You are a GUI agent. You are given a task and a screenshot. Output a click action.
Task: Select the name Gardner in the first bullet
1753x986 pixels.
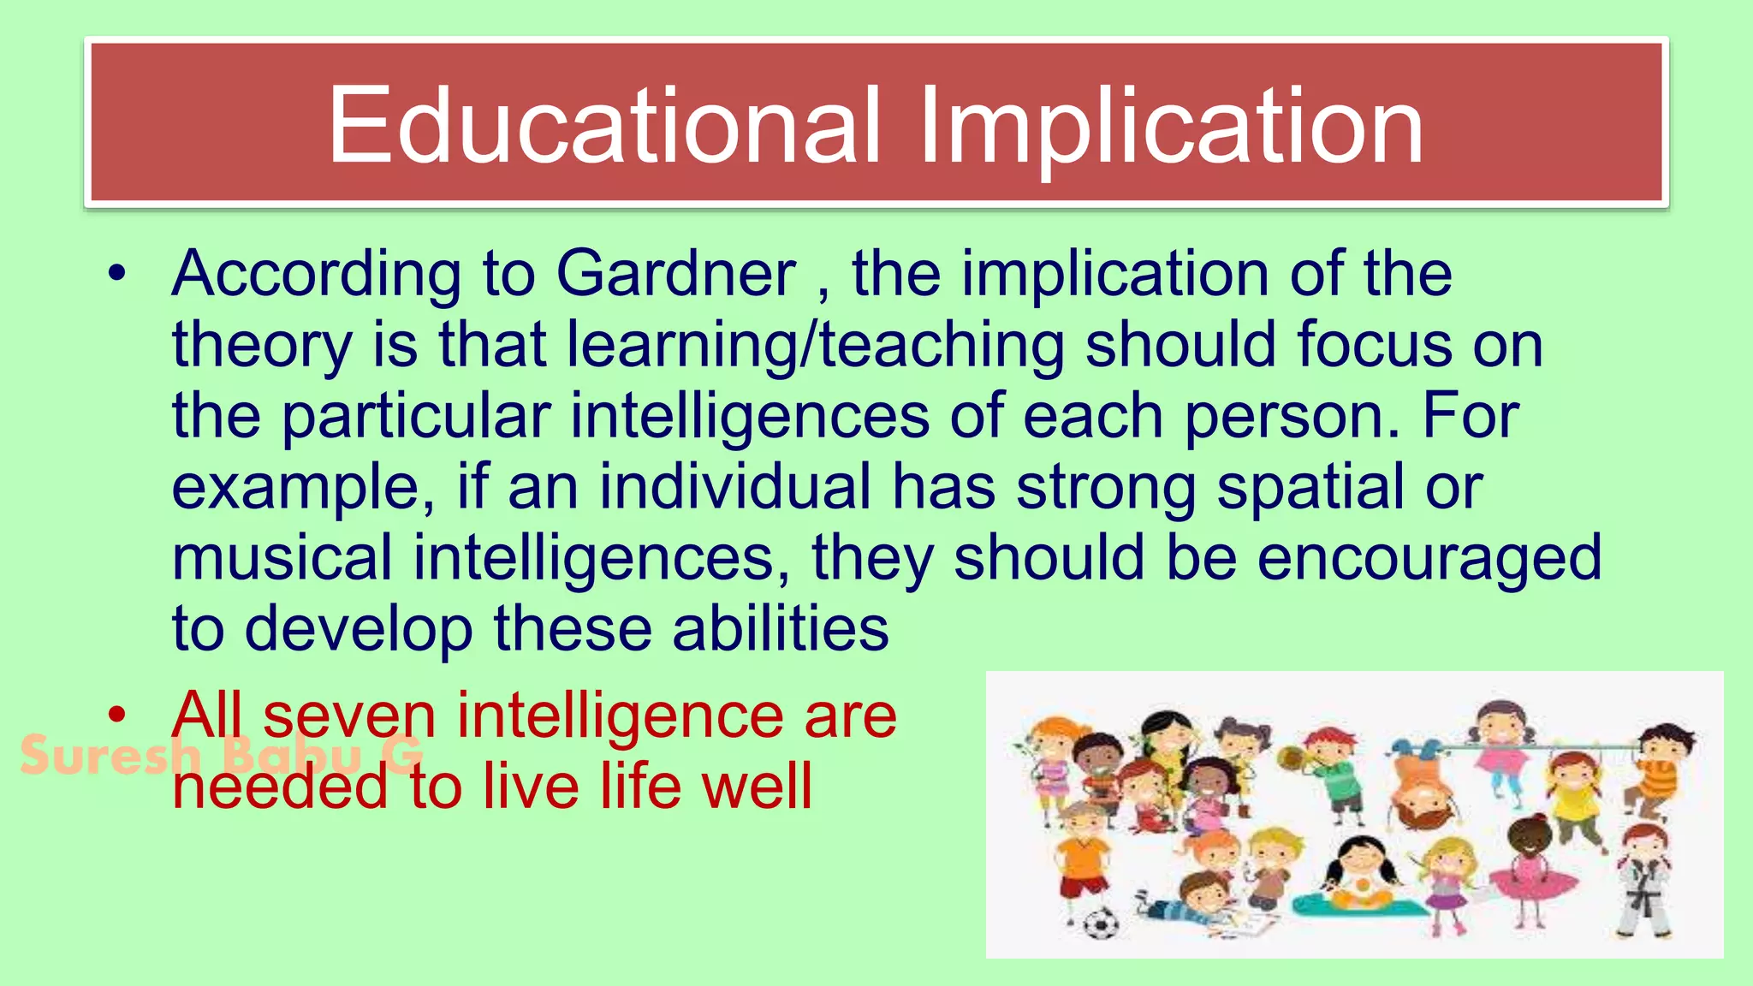click(x=676, y=274)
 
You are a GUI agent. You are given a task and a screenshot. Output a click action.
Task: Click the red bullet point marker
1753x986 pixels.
click(x=118, y=714)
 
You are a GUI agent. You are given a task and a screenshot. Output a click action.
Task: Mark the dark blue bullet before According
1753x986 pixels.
click(x=118, y=274)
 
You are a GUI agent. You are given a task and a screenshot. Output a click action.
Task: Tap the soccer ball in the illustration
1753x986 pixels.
click(x=1101, y=923)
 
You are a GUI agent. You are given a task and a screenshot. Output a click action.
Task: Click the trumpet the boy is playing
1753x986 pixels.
click(x=1295, y=757)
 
